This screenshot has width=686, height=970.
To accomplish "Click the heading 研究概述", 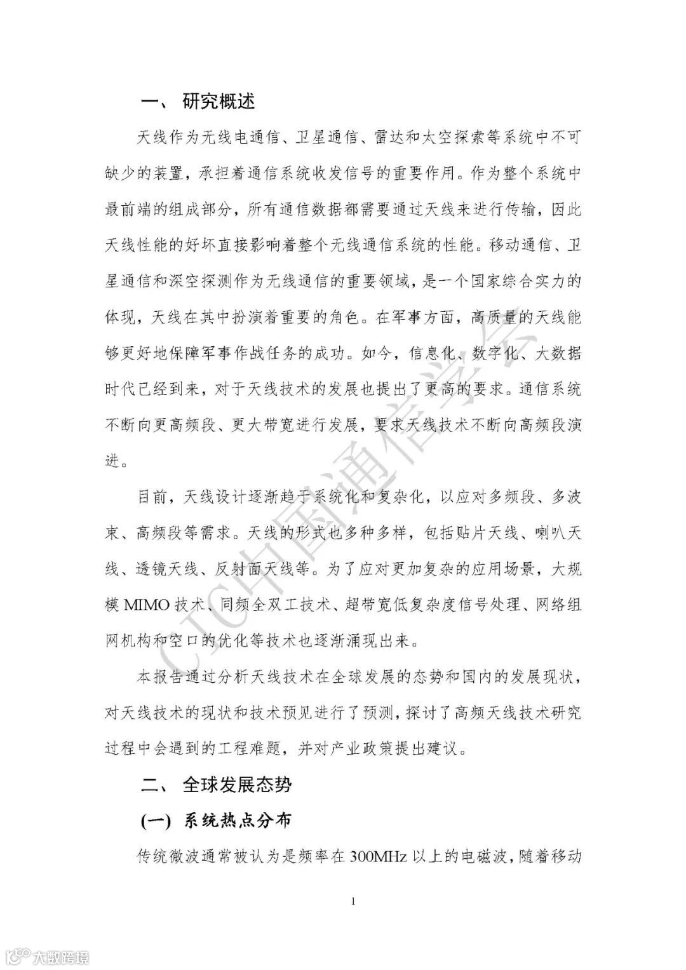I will pyautogui.click(x=219, y=101).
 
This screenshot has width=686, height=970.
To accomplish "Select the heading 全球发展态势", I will pyautogui.click(x=237, y=785).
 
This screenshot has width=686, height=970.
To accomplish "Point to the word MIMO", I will pyautogui.click(x=147, y=604).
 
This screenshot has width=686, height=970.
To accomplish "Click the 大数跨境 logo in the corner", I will pyautogui.click(x=44, y=955).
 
